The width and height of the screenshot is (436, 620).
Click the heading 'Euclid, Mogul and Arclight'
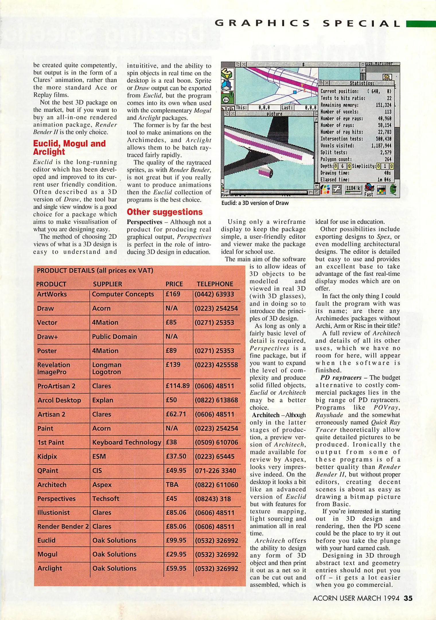(69, 148)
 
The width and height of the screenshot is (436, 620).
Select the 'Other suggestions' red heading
(164, 212)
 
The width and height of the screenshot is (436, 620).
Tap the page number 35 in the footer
(408, 598)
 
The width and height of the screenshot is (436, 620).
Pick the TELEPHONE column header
(215, 284)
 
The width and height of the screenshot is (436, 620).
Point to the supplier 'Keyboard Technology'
(126, 442)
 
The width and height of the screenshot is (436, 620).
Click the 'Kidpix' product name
(47, 456)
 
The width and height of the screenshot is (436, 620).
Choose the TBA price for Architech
(172, 485)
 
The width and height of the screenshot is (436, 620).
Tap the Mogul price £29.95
(176, 554)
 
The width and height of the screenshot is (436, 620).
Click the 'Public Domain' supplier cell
(114, 336)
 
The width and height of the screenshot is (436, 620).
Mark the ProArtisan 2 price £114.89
(178, 386)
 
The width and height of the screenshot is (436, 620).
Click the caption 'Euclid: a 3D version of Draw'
(255, 203)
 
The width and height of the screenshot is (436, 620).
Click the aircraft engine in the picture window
(265, 173)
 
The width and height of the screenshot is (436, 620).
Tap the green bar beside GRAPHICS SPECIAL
(421, 24)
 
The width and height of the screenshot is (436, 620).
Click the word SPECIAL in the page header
(361, 24)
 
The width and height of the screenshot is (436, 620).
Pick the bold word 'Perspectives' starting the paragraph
(144, 222)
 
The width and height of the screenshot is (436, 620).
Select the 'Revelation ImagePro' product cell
(54, 368)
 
